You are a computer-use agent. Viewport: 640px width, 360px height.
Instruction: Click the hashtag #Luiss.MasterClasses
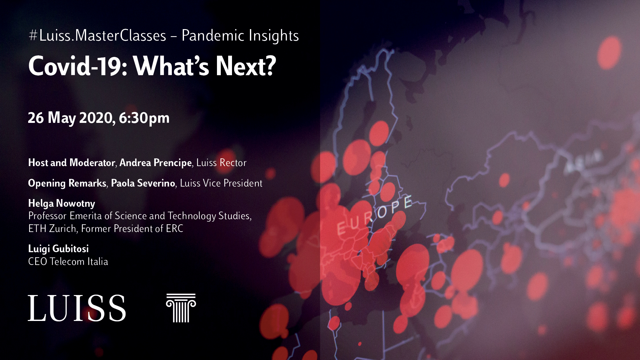(x=98, y=35)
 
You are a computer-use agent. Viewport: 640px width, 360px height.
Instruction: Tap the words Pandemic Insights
(x=240, y=36)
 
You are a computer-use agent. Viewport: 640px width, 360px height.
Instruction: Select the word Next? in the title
(x=246, y=66)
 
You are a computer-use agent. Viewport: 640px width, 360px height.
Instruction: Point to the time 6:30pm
(x=144, y=118)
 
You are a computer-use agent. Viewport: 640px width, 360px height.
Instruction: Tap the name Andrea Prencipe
(x=156, y=163)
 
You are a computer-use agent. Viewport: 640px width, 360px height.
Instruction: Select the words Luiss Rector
(x=221, y=163)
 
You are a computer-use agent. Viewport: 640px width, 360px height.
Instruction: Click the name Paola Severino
(x=143, y=183)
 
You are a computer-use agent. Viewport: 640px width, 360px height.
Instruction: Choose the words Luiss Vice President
(x=221, y=183)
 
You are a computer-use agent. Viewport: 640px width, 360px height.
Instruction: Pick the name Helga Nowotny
(x=62, y=204)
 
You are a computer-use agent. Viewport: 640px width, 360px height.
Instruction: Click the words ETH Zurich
(x=52, y=228)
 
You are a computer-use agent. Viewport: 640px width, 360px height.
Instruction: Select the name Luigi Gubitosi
(x=58, y=249)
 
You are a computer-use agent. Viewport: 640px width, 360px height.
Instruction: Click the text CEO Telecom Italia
(x=68, y=261)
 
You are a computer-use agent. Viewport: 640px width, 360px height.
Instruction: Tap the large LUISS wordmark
(x=77, y=308)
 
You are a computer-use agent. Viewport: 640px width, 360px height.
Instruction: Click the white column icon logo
(x=181, y=308)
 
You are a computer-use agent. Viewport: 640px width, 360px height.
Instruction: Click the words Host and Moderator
(x=71, y=163)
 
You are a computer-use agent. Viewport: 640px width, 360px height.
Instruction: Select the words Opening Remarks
(x=67, y=183)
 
